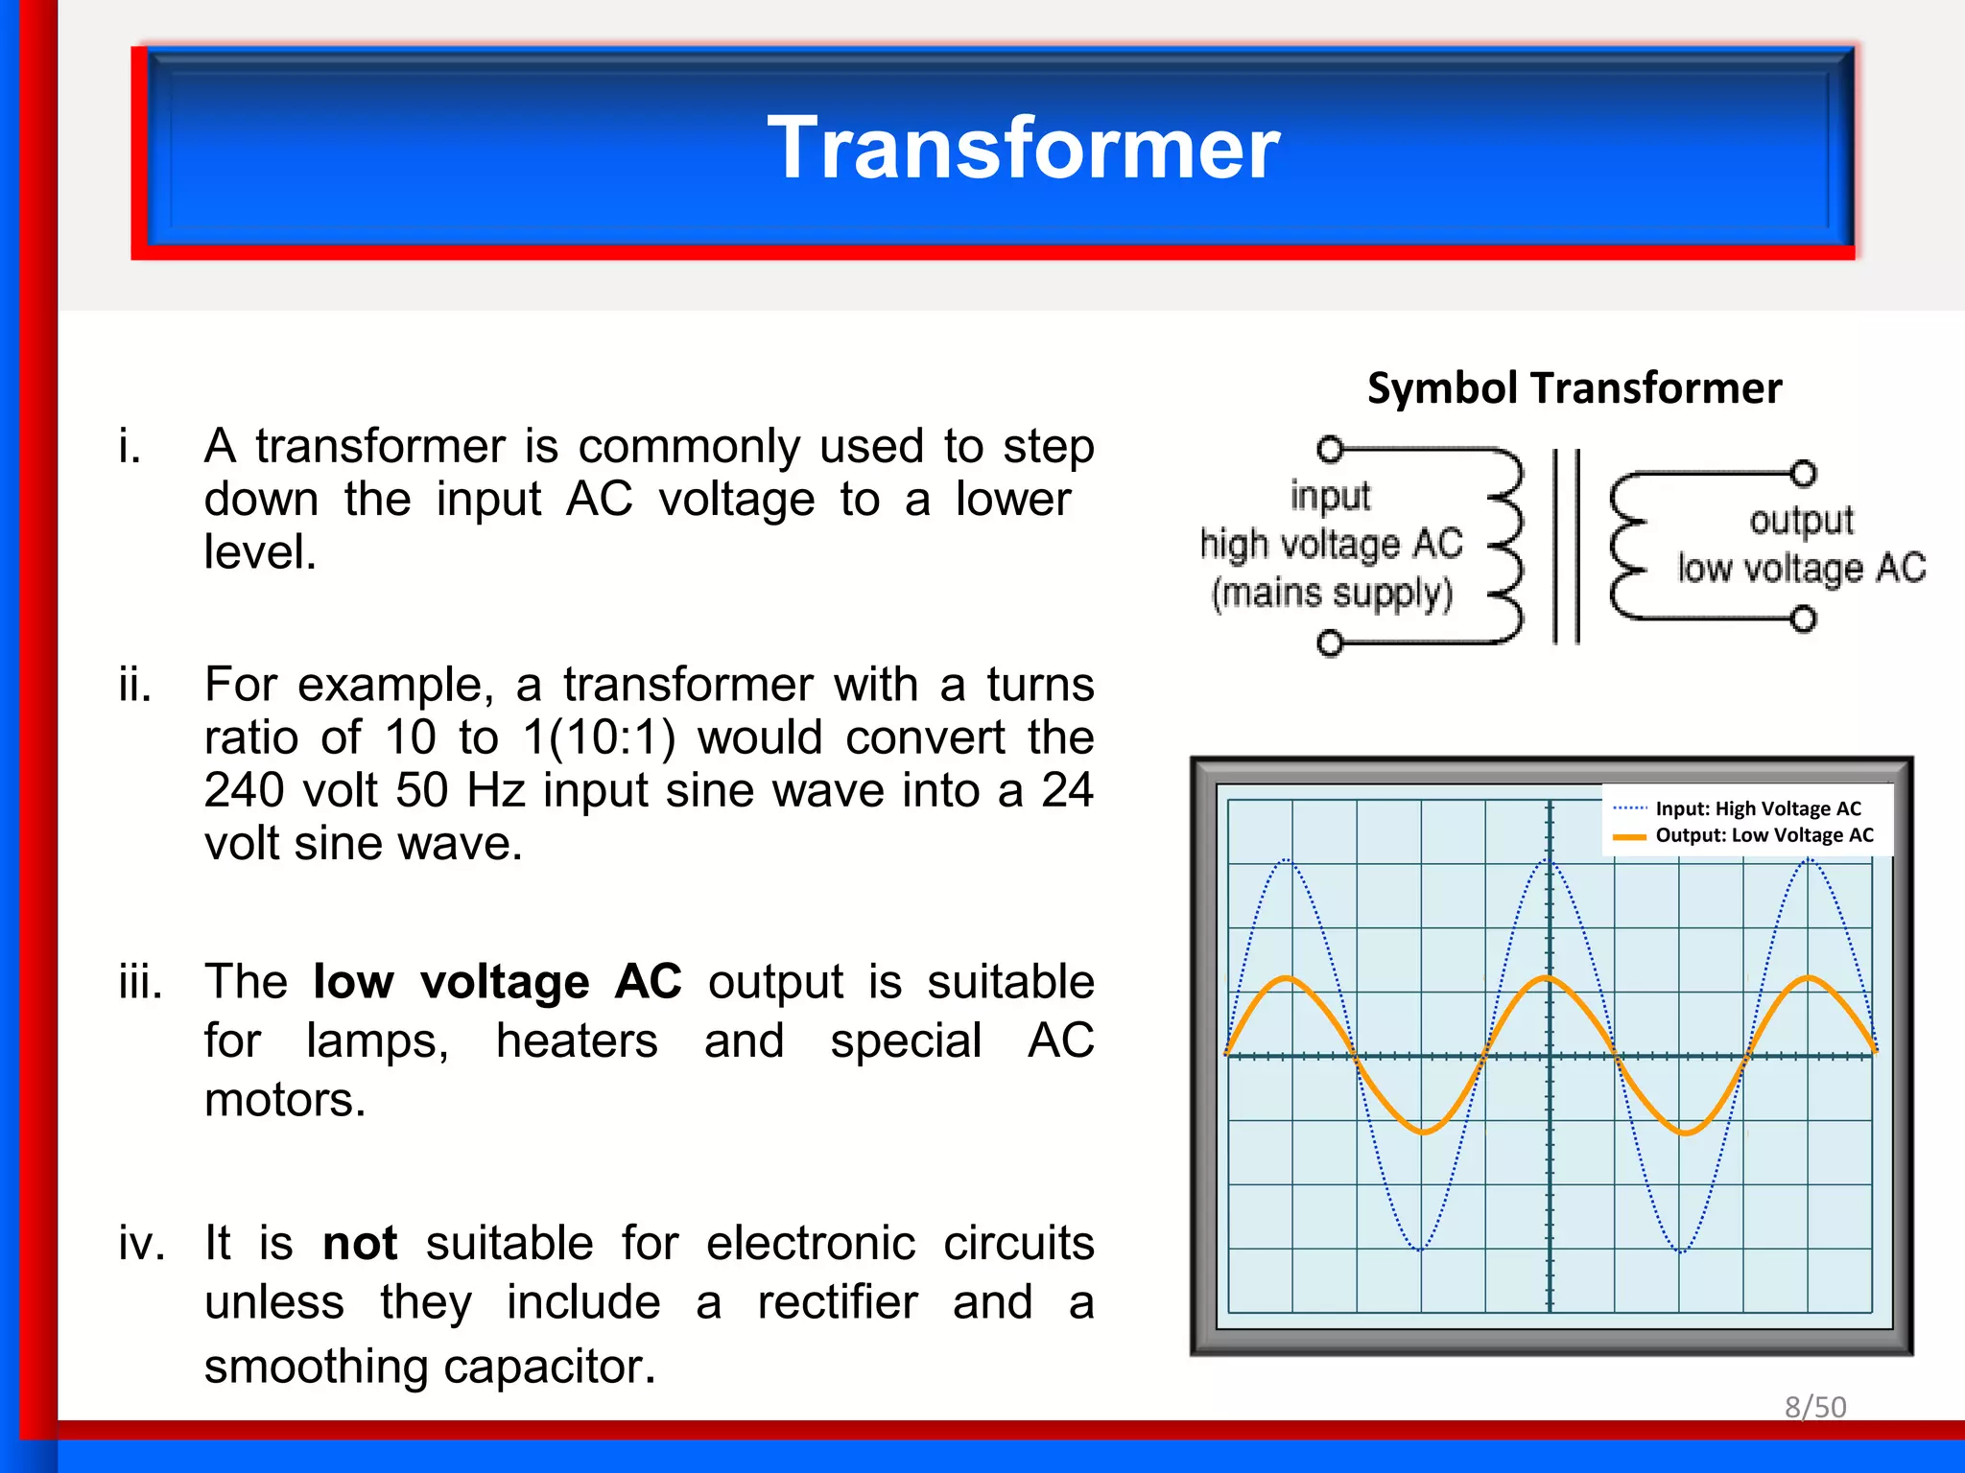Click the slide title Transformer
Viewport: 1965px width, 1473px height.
point(1023,148)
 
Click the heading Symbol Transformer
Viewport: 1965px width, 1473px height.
point(1574,388)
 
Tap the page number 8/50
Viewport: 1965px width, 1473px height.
point(1814,1407)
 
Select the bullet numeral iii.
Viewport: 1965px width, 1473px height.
point(140,982)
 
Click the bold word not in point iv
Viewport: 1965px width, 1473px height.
point(360,1244)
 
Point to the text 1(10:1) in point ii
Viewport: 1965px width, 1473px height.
point(599,738)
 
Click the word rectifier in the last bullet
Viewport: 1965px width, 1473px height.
point(837,1302)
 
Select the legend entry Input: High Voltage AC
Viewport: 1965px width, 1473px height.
point(1758,808)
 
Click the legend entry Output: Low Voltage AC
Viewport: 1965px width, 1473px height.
point(1764,835)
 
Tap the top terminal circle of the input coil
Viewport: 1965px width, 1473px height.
point(1330,449)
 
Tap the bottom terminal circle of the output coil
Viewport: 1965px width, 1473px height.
point(1803,619)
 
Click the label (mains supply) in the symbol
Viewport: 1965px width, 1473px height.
point(1332,594)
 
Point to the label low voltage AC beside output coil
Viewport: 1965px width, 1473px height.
point(1801,569)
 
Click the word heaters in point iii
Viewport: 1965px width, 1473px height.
point(577,1041)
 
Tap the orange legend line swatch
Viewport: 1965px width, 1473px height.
point(1629,836)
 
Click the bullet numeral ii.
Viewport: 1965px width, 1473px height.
point(135,686)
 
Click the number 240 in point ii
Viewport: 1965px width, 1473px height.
point(244,791)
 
